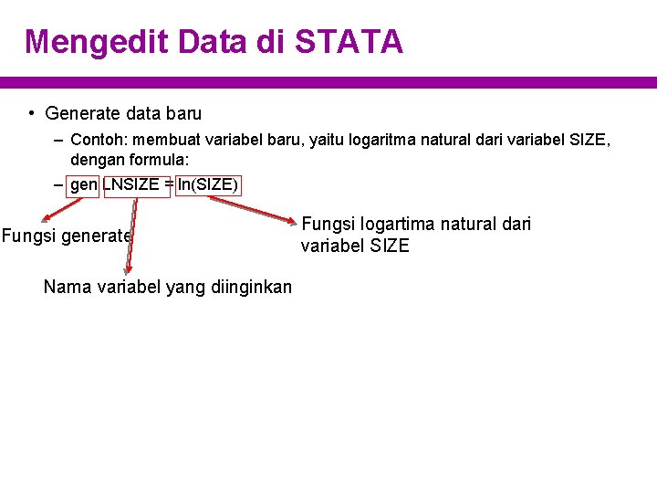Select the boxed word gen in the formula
83,186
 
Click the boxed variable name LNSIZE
135,186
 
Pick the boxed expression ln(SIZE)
208,186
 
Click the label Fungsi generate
67,236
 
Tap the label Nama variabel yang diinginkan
168,288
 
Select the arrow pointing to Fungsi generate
55,209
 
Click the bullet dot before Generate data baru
31,114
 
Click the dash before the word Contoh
58,141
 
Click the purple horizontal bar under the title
328,82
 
